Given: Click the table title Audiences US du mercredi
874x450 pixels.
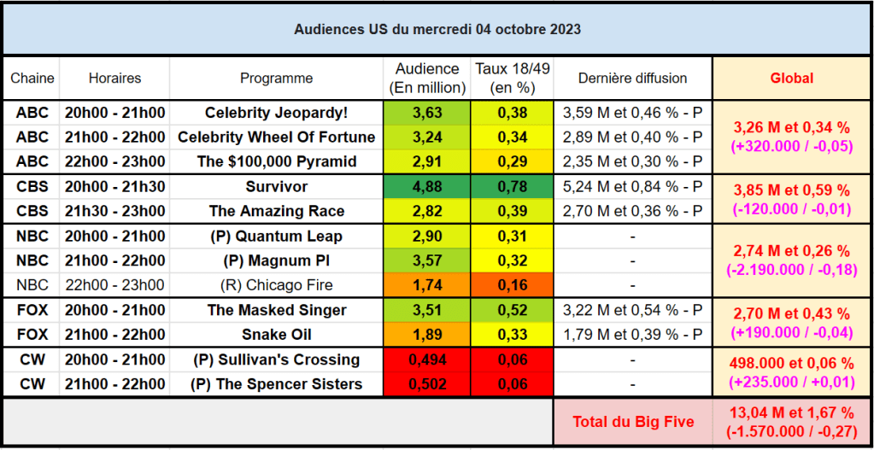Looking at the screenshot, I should [437, 29].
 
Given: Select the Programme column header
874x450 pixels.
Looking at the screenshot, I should [276, 78].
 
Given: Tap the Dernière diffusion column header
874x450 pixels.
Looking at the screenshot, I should [632, 78].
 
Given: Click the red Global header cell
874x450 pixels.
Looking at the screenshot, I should [792, 78].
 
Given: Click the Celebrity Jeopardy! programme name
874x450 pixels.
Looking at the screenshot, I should [276, 112].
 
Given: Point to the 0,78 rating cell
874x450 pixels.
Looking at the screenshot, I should [512, 186].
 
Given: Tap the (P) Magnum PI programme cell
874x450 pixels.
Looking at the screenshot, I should [276, 260].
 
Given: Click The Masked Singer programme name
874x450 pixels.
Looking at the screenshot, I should [276, 311].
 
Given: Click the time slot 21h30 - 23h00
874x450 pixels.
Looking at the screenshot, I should [114, 211].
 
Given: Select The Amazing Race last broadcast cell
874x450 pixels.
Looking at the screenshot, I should [632, 211].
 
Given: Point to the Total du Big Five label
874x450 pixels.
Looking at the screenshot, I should [632, 421].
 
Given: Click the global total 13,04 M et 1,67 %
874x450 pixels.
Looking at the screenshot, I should [792, 413].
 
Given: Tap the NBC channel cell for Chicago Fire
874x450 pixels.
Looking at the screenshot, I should [32, 285].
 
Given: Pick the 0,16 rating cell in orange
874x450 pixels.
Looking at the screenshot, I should [512, 285].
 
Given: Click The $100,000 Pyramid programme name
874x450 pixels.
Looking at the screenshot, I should [276, 161].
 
